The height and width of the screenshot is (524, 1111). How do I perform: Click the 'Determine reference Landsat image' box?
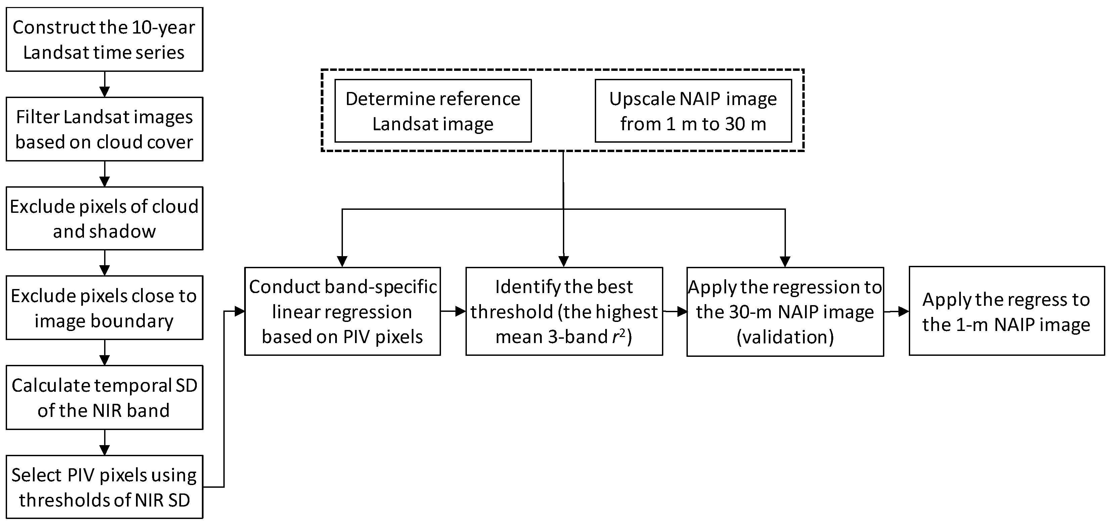(433, 111)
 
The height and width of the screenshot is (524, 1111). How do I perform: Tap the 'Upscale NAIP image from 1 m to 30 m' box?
(693, 111)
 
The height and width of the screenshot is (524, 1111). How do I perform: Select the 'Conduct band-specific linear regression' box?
(343, 311)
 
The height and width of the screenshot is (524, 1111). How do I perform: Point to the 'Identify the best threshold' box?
(564, 311)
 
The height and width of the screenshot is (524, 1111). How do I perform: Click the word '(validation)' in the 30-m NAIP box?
(785, 337)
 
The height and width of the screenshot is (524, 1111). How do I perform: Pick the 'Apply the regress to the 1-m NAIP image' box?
(1006, 311)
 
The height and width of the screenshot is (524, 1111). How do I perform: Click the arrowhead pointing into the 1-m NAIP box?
(903, 312)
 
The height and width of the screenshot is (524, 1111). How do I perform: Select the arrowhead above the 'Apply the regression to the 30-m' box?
(785, 261)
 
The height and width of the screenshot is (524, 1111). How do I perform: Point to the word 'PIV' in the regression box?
(357, 337)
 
